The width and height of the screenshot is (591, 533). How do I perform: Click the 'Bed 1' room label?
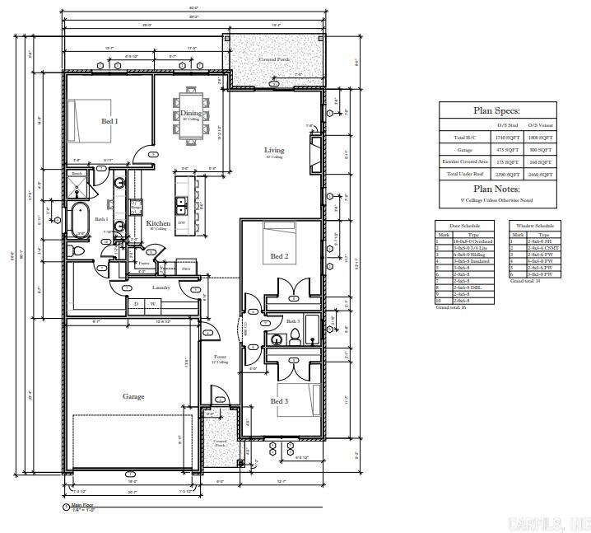point(109,121)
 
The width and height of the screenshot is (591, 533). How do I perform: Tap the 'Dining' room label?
point(190,114)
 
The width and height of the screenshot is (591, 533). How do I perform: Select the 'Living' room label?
point(274,150)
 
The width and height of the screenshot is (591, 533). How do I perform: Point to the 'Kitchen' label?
point(158,223)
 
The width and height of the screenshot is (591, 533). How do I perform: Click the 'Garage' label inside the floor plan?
point(133,396)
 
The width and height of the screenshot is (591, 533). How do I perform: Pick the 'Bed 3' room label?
point(279,401)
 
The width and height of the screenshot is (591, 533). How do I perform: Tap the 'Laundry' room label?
point(161,288)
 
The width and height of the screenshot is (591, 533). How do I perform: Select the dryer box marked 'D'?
point(137,304)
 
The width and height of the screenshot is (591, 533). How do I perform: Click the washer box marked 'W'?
point(152,304)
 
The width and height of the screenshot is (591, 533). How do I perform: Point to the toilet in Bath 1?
point(75,251)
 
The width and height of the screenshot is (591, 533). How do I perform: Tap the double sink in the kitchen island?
point(181,203)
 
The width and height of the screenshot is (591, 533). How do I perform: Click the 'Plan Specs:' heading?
point(496,110)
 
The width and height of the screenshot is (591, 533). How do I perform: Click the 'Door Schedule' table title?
point(464,225)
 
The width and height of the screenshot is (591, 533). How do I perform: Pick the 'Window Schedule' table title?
point(534,225)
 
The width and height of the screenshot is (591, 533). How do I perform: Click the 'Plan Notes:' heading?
point(496,189)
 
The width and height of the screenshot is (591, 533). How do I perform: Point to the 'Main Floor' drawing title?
point(83,505)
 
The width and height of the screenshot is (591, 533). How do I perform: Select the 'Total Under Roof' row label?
point(465,174)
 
